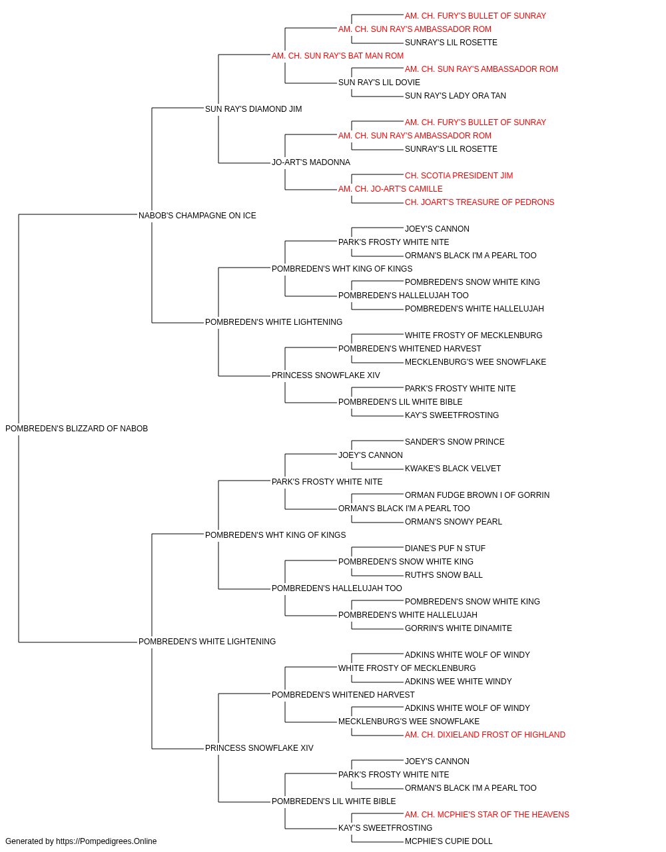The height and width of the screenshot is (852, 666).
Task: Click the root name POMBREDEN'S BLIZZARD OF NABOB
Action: click(x=77, y=429)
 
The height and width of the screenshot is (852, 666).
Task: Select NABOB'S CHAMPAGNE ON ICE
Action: click(x=197, y=216)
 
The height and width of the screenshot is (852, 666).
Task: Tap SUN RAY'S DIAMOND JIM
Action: click(x=253, y=109)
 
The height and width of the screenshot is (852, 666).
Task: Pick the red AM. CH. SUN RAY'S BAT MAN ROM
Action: click(x=338, y=56)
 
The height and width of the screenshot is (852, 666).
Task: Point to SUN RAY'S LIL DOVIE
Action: click(x=379, y=83)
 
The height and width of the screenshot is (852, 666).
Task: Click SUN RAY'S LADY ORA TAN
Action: click(x=456, y=96)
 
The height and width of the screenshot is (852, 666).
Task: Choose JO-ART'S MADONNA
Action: click(x=311, y=162)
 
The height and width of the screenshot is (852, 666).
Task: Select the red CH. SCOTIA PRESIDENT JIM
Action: click(x=459, y=176)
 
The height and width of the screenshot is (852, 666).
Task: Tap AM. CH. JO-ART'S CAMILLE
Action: click(x=390, y=189)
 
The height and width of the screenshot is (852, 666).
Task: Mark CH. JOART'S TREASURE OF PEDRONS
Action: click(x=480, y=202)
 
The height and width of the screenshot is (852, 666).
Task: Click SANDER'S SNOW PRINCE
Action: click(x=455, y=442)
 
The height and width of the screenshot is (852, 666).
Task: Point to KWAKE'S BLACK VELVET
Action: click(x=453, y=469)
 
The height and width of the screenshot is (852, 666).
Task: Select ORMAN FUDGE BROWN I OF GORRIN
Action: click(x=477, y=495)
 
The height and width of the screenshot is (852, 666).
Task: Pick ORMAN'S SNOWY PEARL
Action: click(x=454, y=522)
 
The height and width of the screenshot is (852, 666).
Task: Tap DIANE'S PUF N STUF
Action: click(x=445, y=548)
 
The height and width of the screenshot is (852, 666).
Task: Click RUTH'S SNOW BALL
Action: click(x=444, y=575)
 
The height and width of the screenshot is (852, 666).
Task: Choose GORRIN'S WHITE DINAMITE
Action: click(x=458, y=628)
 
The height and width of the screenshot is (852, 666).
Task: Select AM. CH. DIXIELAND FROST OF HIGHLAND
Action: click(x=486, y=735)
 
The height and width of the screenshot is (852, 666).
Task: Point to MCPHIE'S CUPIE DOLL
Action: click(x=449, y=841)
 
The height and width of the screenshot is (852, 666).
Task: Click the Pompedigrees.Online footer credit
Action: click(x=81, y=841)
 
